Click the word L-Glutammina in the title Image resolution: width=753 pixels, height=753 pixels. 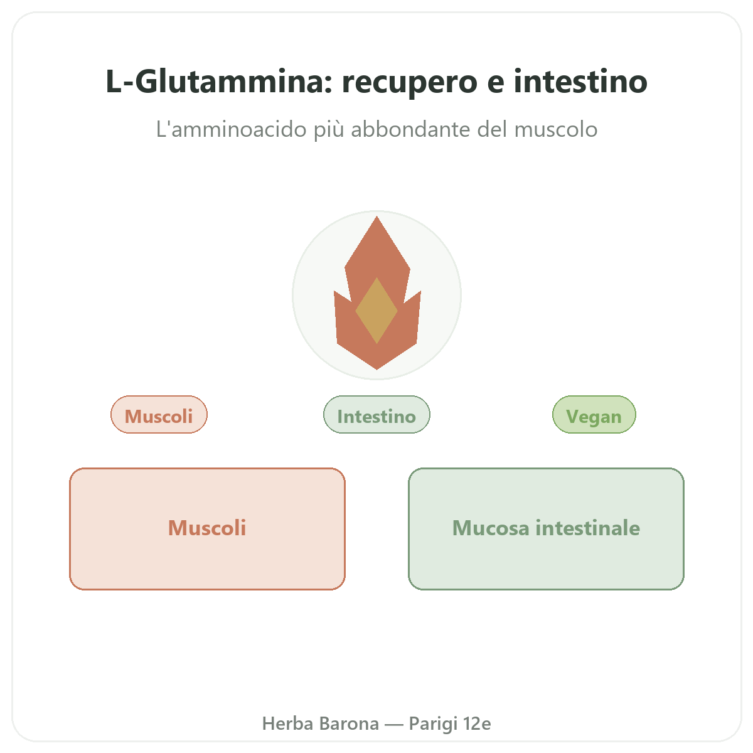219,82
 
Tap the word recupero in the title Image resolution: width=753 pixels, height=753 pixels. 410,83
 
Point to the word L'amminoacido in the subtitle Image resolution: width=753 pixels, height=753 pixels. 231,129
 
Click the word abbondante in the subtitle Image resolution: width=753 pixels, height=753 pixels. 410,129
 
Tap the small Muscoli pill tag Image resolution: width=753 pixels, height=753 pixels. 159,414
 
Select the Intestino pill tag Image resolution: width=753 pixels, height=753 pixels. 376,414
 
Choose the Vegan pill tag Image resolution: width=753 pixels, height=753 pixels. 594,414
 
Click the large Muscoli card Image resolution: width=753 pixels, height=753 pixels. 207,528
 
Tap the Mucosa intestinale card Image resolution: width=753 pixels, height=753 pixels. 546,528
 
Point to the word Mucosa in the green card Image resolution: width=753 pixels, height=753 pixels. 491,528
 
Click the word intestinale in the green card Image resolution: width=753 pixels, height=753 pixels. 588,528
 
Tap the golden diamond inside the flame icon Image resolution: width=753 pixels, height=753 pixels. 376,311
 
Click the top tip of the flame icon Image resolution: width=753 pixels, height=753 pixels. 376,216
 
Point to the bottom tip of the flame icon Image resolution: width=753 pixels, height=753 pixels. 376,369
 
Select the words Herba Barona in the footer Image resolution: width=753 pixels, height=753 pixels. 321,724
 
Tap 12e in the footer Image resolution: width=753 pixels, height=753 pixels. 477,724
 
